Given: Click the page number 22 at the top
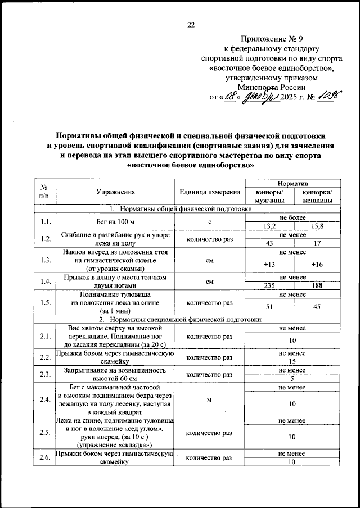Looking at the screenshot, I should (190, 24).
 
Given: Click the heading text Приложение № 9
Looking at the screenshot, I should (272, 39).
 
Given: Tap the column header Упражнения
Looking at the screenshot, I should (115, 192).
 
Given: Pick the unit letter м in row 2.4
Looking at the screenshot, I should (209, 400).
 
